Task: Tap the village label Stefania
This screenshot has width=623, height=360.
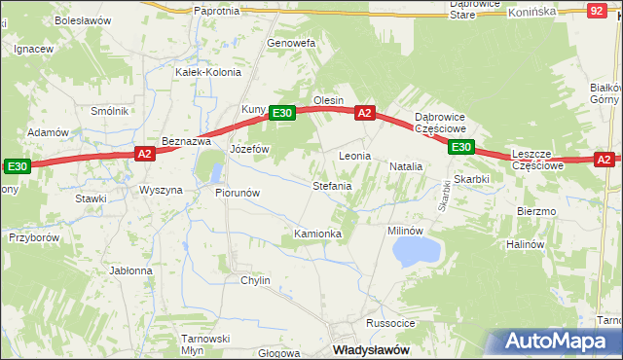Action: tap(331, 185)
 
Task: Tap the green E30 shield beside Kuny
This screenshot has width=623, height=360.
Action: tap(281, 114)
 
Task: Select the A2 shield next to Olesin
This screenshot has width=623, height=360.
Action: tap(365, 113)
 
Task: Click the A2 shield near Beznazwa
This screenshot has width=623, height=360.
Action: tap(144, 153)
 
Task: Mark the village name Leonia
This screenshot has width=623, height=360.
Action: tap(355, 156)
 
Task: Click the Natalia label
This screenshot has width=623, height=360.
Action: tap(406, 166)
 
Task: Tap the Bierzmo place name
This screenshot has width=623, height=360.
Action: tap(536, 211)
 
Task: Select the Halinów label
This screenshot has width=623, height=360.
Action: tap(525, 244)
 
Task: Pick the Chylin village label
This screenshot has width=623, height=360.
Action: tap(255, 280)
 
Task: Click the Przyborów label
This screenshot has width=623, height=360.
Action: tap(35, 236)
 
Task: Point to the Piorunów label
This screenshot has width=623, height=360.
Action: tap(237, 193)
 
